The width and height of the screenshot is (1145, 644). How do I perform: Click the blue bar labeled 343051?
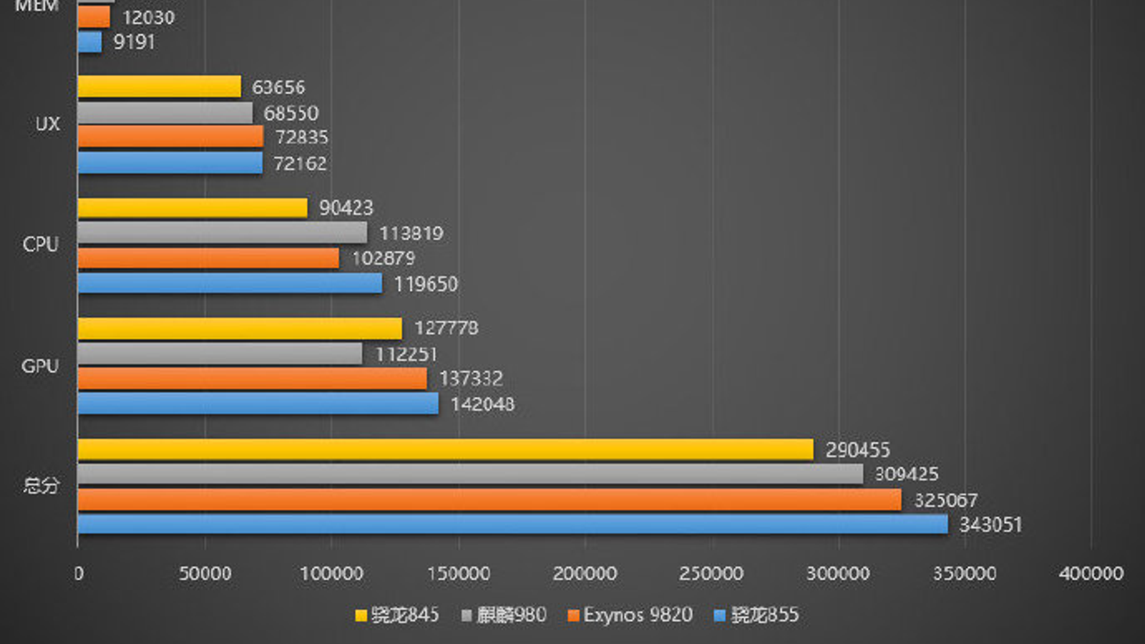tap(512, 524)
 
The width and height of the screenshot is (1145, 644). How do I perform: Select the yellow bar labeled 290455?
tap(445, 449)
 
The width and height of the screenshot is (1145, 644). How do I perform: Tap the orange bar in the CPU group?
tap(208, 258)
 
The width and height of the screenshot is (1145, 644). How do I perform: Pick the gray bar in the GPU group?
tap(220, 353)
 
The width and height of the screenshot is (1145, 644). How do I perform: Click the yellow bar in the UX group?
tap(159, 87)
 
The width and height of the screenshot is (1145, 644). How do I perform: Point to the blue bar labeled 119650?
tap(230, 283)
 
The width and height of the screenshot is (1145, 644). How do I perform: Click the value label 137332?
tap(471, 379)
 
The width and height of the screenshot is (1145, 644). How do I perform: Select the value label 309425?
tap(906, 474)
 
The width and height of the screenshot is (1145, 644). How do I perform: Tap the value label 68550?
tap(291, 113)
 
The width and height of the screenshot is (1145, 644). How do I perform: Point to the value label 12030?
tap(148, 17)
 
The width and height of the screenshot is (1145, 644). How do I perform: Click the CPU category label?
tap(40, 245)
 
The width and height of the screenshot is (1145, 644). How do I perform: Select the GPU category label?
tap(40, 366)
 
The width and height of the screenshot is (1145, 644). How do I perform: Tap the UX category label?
tap(47, 125)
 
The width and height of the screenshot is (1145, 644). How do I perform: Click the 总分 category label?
tap(41, 486)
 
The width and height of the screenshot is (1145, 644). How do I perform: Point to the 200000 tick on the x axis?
tap(585, 574)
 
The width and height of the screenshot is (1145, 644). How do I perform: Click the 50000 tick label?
tap(205, 574)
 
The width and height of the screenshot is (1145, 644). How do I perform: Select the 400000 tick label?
tap(1091, 574)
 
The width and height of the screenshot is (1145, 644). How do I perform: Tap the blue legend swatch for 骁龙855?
tap(720, 615)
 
